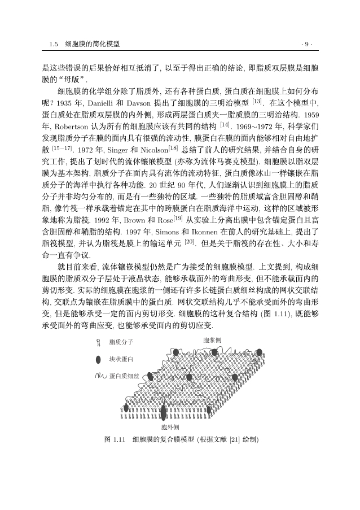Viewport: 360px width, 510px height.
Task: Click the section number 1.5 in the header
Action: (x=54, y=43)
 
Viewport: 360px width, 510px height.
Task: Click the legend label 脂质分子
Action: (x=121, y=342)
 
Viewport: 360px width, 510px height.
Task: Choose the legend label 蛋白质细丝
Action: (x=124, y=376)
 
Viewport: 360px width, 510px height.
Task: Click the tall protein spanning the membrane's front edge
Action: (x=164, y=412)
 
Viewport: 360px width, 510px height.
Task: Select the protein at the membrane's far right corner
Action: (x=260, y=352)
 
